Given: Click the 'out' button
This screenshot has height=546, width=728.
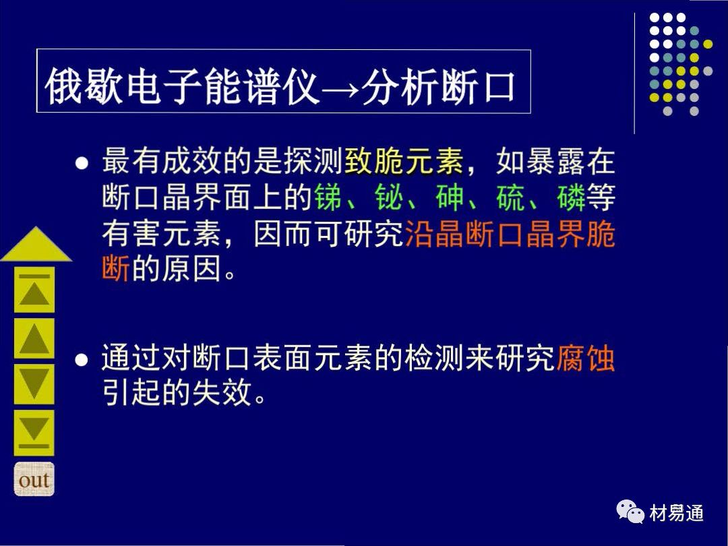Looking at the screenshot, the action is tap(34, 479).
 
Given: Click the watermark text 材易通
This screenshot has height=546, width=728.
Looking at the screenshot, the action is tap(677, 513).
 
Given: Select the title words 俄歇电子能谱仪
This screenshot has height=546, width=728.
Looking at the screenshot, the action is tap(183, 86).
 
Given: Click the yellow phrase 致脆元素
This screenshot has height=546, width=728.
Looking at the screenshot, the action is tap(404, 161).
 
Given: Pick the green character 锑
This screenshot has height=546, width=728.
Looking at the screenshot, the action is tap(329, 197).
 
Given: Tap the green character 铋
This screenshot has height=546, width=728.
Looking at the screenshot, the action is tap(389, 197).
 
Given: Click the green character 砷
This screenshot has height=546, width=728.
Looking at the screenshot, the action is tap(450, 197).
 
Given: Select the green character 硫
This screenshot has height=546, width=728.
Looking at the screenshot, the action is tap(511, 197).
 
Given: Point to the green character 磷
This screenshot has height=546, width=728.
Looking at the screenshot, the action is tap(572, 197).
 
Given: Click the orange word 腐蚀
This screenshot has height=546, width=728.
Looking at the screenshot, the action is tap(586, 358).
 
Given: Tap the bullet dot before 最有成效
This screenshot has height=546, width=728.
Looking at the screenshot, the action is tap(82, 163).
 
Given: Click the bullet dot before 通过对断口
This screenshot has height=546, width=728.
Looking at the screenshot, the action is tap(82, 360).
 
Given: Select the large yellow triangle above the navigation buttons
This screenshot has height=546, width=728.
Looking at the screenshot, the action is tap(36, 245).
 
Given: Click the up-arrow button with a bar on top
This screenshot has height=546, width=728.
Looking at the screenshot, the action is tap(34, 289).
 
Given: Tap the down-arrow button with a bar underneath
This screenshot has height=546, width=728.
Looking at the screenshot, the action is tap(34, 433).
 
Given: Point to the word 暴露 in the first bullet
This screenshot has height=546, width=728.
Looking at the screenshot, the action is tap(555, 161).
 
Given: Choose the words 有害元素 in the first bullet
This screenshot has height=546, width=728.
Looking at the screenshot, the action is tap(162, 233).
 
